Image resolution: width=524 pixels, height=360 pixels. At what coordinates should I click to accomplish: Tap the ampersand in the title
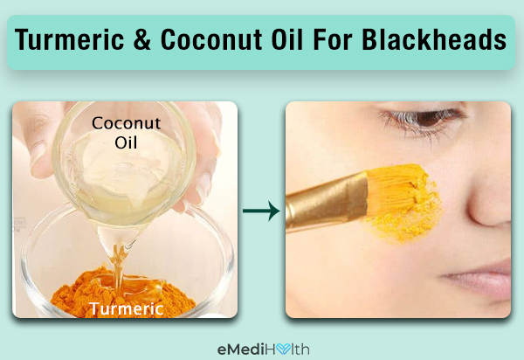(x=142, y=40)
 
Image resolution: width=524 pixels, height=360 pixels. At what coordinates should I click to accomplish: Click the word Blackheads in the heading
(x=434, y=40)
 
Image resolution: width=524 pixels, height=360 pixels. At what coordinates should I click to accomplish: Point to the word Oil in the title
(x=287, y=40)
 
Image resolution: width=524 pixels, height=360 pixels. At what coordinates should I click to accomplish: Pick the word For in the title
(x=333, y=40)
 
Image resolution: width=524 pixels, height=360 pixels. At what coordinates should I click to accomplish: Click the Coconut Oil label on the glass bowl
(x=127, y=133)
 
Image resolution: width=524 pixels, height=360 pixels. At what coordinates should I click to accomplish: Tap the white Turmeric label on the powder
(x=127, y=308)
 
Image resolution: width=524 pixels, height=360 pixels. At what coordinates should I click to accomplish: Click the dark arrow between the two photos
(x=261, y=211)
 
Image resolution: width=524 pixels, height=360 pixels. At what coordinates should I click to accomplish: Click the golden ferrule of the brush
(x=328, y=201)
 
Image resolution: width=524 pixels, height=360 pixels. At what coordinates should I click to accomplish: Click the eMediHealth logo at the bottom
(x=264, y=350)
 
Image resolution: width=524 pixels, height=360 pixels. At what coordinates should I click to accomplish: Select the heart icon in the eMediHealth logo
(x=283, y=350)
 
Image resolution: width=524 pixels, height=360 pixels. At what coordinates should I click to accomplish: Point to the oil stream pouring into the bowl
(x=118, y=264)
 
